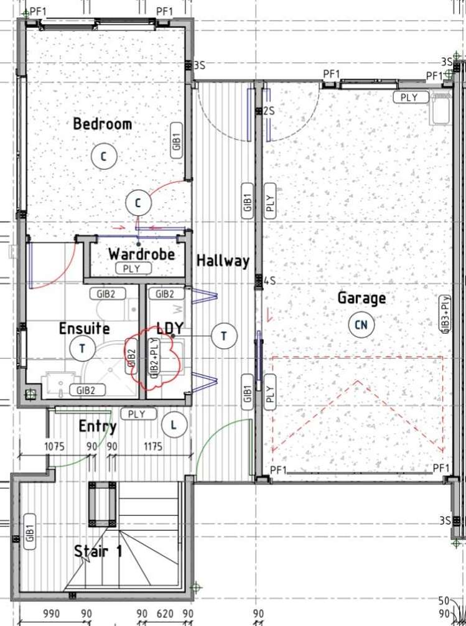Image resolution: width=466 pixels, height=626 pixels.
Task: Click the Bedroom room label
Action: (103, 124)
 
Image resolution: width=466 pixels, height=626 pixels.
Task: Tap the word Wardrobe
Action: (141, 254)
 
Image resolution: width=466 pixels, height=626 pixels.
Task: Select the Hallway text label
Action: (223, 261)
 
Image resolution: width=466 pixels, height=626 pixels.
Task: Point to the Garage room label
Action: (361, 299)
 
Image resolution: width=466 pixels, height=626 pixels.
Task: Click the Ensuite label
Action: (84, 328)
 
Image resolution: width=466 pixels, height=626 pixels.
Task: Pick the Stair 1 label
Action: (98, 551)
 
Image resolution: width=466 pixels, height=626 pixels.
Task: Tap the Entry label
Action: (98, 426)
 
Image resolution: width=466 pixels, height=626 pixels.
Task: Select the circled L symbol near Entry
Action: (173, 426)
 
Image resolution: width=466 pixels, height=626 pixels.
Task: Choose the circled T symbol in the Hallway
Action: (223, 336)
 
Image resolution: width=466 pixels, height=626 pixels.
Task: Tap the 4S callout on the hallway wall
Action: (269, 281)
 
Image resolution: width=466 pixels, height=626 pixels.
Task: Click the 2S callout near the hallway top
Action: (269, 111)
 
